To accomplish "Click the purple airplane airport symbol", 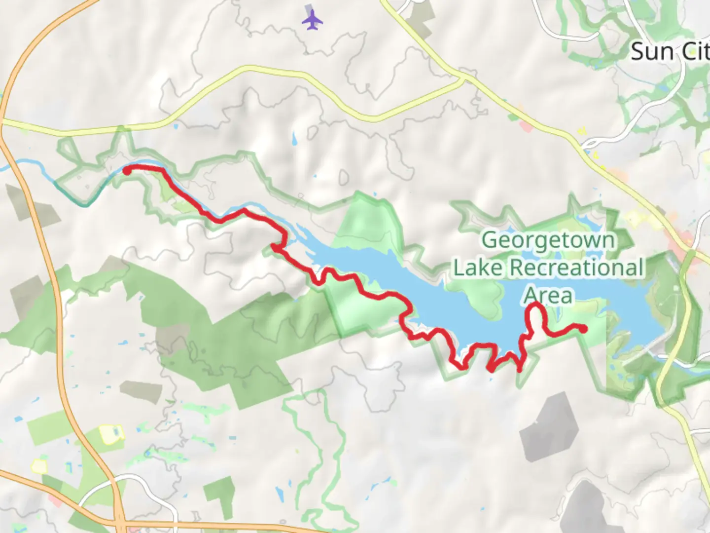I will [312, 20].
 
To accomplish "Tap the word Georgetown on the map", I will [548, 240].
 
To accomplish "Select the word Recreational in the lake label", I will [576, 268].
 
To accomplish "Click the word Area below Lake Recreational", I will [548, 296].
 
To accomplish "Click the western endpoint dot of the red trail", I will [127, 171].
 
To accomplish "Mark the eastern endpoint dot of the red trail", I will [583, 329].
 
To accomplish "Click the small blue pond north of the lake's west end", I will [294, 139].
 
